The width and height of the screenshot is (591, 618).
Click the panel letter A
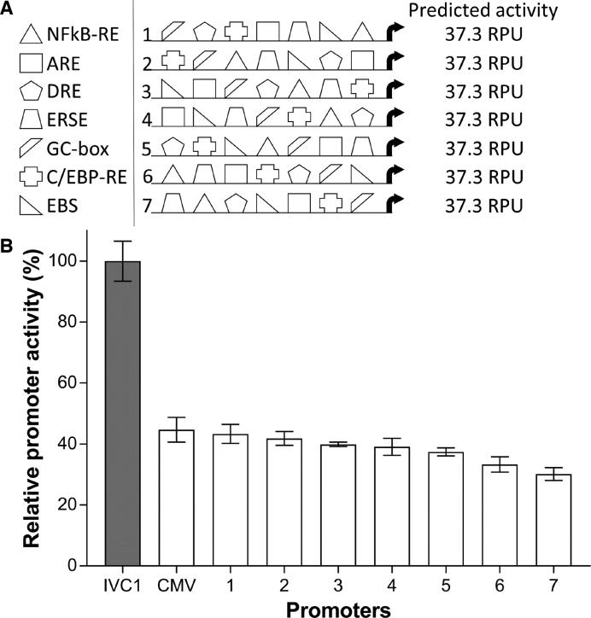9,9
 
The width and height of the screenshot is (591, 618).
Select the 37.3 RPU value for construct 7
484,205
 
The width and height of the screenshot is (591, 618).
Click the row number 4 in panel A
147,120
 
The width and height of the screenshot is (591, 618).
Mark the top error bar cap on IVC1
128,242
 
